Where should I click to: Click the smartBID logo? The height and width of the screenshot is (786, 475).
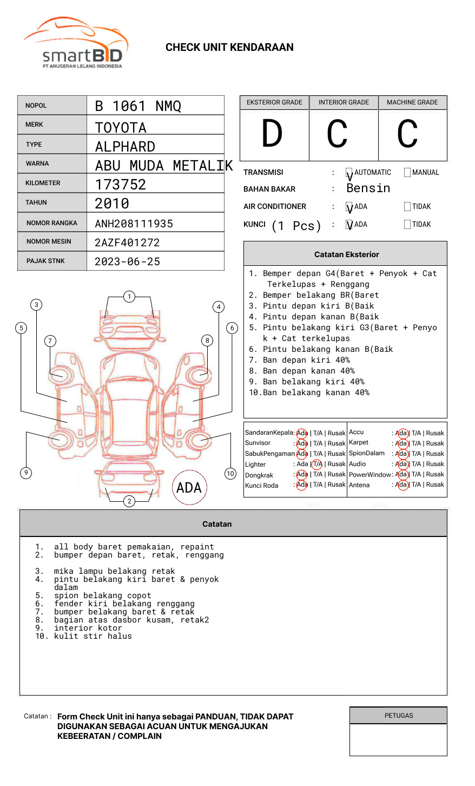click(76, 43)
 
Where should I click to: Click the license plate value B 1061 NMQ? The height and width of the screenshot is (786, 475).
click(138, 106)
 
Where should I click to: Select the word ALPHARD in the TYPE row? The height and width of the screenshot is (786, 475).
click(125, 147)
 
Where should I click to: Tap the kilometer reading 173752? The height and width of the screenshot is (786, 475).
click(121, 185)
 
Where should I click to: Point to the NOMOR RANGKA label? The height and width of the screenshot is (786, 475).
click(52, 223)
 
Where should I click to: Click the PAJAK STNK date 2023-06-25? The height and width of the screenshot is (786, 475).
click(128, 262)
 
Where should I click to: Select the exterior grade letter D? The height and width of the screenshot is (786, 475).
click(272, 134)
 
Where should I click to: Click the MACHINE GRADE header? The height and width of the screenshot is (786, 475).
click(412, 102)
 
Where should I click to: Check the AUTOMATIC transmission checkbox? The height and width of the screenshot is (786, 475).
click(349, 173)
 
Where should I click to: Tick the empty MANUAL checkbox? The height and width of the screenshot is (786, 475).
click(407, 173)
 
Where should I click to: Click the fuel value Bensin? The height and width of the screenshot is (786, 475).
click(368, 188)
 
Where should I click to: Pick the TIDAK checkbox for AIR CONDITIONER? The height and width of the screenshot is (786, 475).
click(407, 207)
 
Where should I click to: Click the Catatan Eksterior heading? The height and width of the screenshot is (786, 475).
click(346, 254)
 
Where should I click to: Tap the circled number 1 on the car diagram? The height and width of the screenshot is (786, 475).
click(129, 297)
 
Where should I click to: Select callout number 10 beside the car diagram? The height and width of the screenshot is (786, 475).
click(230, 474)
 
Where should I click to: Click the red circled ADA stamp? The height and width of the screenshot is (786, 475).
click(189, 488)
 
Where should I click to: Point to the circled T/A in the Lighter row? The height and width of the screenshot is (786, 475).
click(317, 464)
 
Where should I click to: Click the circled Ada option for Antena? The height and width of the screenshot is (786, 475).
click(401, 485)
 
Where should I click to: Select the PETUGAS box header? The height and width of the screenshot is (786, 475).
click(399, 716)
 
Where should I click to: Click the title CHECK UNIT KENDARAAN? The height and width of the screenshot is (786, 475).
click(229, 48)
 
